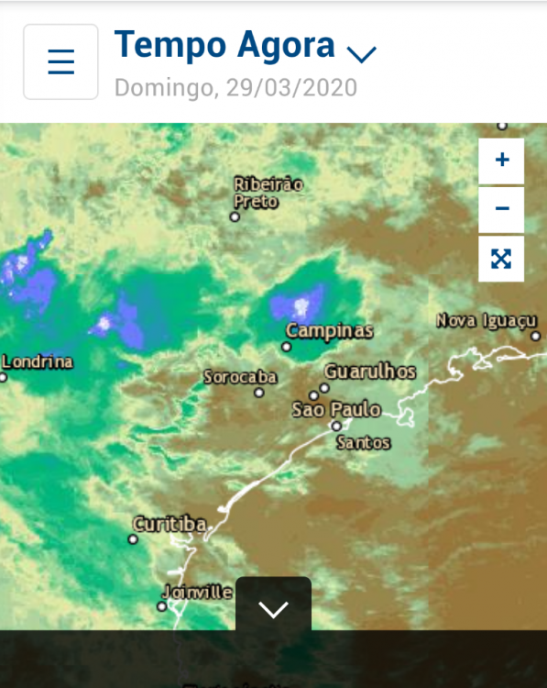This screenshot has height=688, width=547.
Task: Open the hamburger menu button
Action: [x=60, y=61]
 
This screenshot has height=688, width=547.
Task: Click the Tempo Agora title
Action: [x=224, y=44]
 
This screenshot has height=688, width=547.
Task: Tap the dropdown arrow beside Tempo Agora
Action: [x=362, y=53]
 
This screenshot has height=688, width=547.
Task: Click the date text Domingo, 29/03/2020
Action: [x=235, y=88]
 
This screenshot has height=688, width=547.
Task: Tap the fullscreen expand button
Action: [x=501, y=259]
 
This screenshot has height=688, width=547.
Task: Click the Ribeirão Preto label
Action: [x=268, y=192]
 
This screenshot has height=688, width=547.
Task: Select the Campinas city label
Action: [x=329, y=330]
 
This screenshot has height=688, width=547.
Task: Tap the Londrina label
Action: [x=38, y=361]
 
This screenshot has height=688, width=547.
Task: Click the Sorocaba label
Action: [x=239, y=377]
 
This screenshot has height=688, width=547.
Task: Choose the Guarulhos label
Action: [x=370, y=372]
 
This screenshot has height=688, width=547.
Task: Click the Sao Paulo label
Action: [x=335, y=409]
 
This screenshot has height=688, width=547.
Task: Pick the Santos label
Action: [x=364, y=443]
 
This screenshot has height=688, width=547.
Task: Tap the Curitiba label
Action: [x=170, y=525]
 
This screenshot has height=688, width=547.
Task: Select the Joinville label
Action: [x=197, y=592]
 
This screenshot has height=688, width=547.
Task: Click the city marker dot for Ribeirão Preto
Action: [x=235, y=217]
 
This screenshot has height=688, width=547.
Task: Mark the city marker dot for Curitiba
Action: [x=134, y=539]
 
